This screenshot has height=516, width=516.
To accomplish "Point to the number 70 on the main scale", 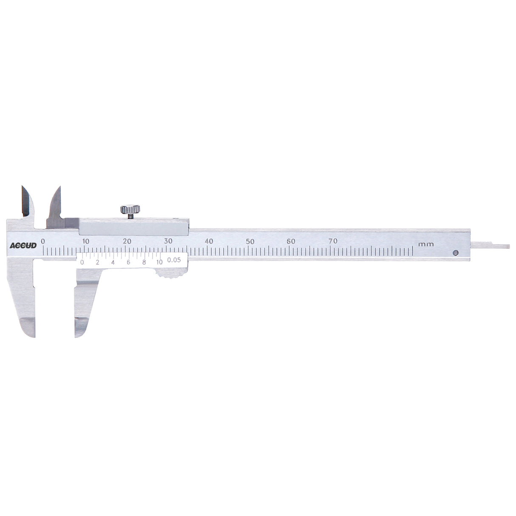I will [x=333, y=241].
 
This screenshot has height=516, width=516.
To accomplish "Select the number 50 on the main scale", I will [x=250, y=241].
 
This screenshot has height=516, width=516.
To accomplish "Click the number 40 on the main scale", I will [x=209, y=241].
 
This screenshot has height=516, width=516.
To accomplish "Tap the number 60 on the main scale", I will [x=291, y=241].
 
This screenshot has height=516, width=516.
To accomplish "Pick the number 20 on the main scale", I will [x=127, y=241].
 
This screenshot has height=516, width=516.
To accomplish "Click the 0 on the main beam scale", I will [x=43, y=241].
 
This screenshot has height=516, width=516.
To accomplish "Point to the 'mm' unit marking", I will [x=425, y=244].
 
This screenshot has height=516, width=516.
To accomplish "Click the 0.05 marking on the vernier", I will [x=174, y=260].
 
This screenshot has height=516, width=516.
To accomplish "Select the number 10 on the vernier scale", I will [x=159, y=262].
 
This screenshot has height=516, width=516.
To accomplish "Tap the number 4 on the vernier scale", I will [x=113, y=262].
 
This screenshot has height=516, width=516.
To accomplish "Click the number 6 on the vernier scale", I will [x=128, y=262].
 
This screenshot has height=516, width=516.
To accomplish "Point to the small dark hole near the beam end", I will [x=455, y=252].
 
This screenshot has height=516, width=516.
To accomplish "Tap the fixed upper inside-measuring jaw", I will [x=26, y=202].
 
